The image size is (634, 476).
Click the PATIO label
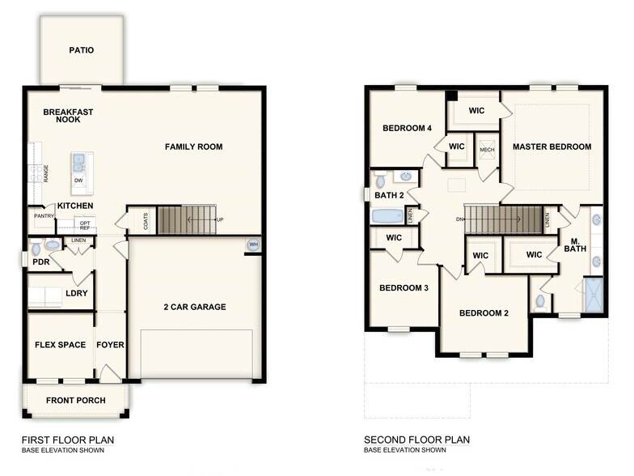(81, 50)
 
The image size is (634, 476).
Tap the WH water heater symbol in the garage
(253, 245)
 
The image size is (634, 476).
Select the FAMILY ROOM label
(193, 147)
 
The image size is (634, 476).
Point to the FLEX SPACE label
(60, 345)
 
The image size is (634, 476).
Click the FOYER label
(111, 345)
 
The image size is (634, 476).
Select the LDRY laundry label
(75, 293)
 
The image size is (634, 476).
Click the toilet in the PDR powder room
(51, 244)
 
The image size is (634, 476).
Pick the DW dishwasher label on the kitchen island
(78, 180)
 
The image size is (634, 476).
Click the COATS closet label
(146, 221)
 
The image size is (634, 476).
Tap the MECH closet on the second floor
(487, 150)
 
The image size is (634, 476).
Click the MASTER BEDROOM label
(552, 147)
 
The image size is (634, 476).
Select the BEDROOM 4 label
(407, 128)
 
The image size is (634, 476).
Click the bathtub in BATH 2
(387, 216)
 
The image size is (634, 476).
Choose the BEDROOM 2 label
(484, 313)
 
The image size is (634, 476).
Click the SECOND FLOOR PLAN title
(416, 440)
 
